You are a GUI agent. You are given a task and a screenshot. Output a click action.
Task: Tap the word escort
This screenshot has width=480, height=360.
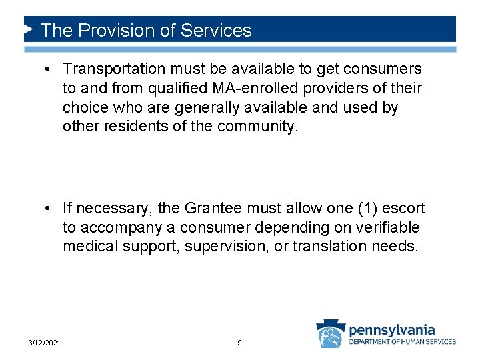click(x=406, y=209)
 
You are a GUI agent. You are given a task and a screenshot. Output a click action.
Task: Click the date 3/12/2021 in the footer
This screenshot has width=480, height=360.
click(x=45, y=343)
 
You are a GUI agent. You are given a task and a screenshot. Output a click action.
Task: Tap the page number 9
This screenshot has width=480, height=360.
click(x=239, y=343)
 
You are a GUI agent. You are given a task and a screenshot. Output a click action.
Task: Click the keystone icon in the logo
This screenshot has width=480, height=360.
click(x=329, y=334)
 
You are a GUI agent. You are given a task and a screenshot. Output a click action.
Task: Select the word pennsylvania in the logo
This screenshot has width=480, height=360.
click(x=391, y=329)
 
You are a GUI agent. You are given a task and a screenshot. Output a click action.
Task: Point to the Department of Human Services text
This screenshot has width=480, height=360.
click(x=403, y=342)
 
